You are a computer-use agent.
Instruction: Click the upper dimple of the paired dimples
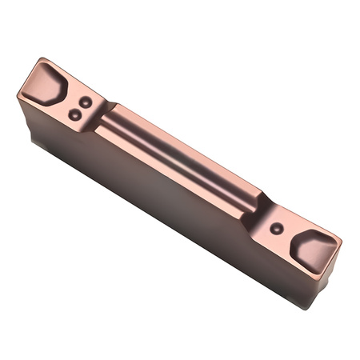[84, 102]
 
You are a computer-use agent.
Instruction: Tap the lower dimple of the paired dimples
[74, 114]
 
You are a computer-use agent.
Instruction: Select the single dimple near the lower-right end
[276, 228]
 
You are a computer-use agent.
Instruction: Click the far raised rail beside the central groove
[192, 144]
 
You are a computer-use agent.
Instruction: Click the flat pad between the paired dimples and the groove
[94, 116]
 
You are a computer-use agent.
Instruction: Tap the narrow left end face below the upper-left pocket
[24, 120]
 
